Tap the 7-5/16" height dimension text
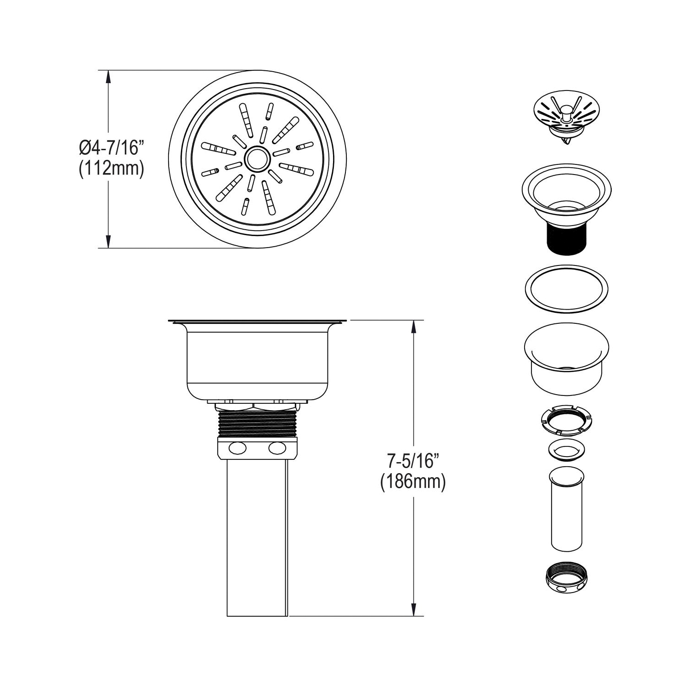tap(413, 461)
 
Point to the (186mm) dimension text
tap(413, 482)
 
